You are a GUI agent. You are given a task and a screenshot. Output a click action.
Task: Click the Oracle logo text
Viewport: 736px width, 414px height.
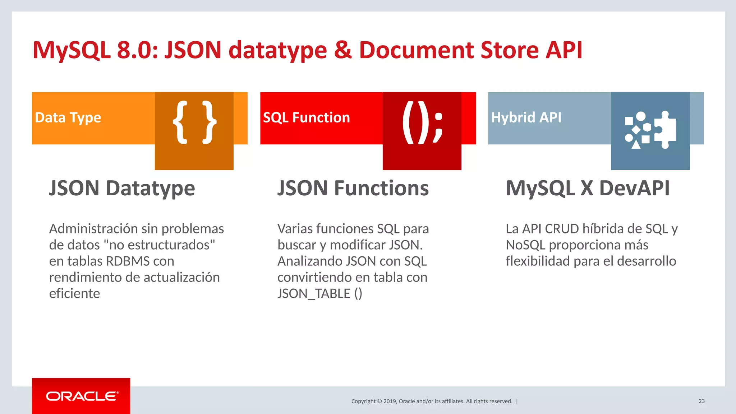pyautogui.click(x=82, y=396)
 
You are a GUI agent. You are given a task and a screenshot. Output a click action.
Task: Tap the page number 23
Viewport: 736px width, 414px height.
pyautogui.click(x=701, y=401)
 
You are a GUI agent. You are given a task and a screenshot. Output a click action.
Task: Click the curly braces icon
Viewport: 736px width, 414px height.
pyautogui.click(x=194, y=122)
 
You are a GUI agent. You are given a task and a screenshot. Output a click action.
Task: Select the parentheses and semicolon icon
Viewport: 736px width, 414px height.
pyautogui.click(x=422, y=122)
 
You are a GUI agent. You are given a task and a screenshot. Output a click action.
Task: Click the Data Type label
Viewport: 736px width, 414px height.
pyautogui.click(x=68, y=118)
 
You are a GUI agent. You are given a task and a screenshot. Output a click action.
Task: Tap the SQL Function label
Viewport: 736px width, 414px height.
pyautogui.click(x=306, y=118)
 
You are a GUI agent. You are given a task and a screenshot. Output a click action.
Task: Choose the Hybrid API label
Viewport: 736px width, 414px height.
pyautogui.click(x=526, y=117)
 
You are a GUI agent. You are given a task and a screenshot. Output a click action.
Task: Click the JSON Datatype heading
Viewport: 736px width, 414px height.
pyautogui.click(x=122, y=188)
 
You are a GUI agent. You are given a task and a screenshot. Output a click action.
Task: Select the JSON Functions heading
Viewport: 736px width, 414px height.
pyautogui.click(x=353, y=188)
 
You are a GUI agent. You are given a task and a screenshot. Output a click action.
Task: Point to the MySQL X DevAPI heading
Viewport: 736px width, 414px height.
pyautogui.click(x=588, y=188)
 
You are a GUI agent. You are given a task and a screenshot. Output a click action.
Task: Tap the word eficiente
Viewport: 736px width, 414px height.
pyautogui.click(x=74, y=293)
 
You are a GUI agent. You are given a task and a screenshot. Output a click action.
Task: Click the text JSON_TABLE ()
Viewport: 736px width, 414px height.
pyautogui.click(x=319, y=293)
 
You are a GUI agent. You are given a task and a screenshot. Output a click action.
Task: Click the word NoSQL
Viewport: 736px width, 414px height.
pyautogui.click(x=525, y=245)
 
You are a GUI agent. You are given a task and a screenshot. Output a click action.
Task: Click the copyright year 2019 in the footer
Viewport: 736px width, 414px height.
pyautogui.click(x=390, y=401)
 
